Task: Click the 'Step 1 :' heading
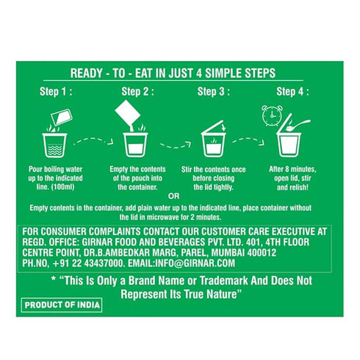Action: coord(56,92)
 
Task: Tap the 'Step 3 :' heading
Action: coord(214,92)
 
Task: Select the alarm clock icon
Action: coord(272,116)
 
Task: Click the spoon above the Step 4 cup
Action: coord(299,124)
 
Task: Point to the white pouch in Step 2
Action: coord(128,112)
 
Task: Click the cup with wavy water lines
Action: coord(54,145)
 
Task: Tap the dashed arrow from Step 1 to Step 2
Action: coord(93,141)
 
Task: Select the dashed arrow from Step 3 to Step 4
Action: coord(248,141)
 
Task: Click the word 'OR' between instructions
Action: coord(174,196)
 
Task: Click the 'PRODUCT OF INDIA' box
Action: coord(62,305)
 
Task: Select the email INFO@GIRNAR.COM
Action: coord(181,263)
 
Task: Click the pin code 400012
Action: coord(262,253)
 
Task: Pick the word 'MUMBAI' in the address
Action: coord(228,253)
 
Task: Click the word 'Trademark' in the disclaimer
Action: coord(224,281)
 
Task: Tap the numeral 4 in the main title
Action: coord(199,73)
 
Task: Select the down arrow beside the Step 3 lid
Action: coord(223,128)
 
